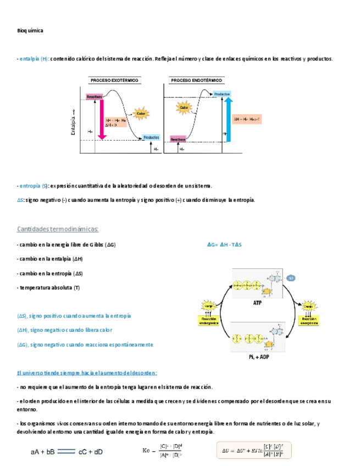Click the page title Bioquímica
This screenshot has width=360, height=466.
30,31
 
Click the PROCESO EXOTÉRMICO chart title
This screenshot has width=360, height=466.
114,80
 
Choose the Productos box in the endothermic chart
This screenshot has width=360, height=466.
221,95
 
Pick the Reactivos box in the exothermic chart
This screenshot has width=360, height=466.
95,97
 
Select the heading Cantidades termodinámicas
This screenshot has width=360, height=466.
58,229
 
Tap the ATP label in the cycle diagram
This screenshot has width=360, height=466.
257,303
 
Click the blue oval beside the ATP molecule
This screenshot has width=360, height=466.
291,277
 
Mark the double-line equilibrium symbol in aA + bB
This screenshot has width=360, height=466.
65,452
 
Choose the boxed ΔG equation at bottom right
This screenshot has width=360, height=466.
253,452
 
